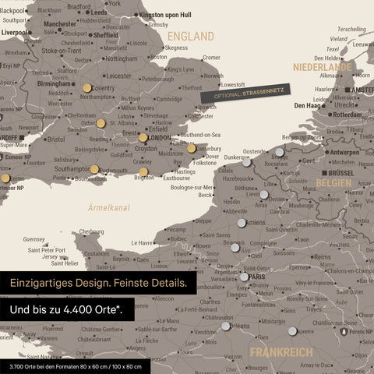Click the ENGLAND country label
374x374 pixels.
pyautogui.click(x=191, y=37)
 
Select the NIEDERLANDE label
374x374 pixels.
pyautogui.click(x=323, y=68)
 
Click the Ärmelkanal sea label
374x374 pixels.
pyautogui.click(x=109, y=207)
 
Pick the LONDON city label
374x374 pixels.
pyautogui.click(x=159, y=138)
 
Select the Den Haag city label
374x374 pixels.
pyautogui.click(x=309, y=105)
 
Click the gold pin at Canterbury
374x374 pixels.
pyautogui.click(x=192, y=147)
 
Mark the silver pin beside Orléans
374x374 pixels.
pyautogui.click(x=226, y=326)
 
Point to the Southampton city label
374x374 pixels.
pyautogui.click(x=72, y=168)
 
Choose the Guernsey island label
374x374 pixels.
pyautogui.click(x=34, y=239)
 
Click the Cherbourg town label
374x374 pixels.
pyautogui.click(x=91, y=231)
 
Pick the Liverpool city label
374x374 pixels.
pyautogui.click(x=16, y=33)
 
